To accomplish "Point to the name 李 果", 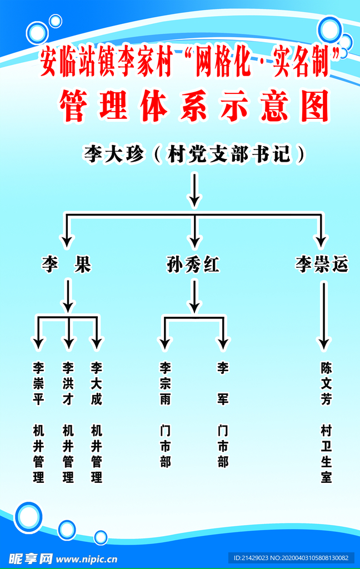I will [x=67, y=265].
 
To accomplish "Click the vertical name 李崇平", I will [x=38, y=383].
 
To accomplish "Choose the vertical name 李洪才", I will [x=68, y=383].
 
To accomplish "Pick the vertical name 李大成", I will [x=97, y=383].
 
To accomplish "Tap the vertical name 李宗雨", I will [x=166, y=383].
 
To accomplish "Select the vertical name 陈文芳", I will [x=326, y=383].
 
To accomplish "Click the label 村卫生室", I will [x=326, y=453].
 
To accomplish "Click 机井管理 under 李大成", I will [x=97, y=453].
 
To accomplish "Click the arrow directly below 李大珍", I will [x=194, y=189].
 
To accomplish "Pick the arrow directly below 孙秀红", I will [x=194, y=296].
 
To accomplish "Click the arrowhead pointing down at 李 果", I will [x=67, y=241].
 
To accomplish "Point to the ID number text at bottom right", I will [x=291, y=558].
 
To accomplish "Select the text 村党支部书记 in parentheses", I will [x=229, y=154].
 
